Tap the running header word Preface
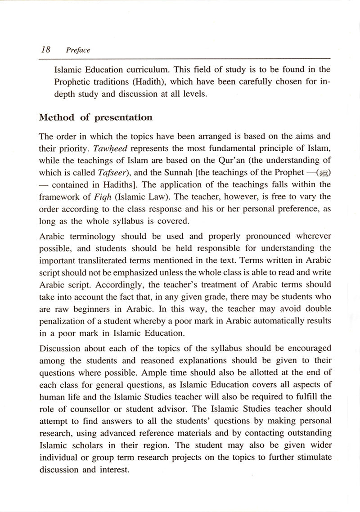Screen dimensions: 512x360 click(78, 50)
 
